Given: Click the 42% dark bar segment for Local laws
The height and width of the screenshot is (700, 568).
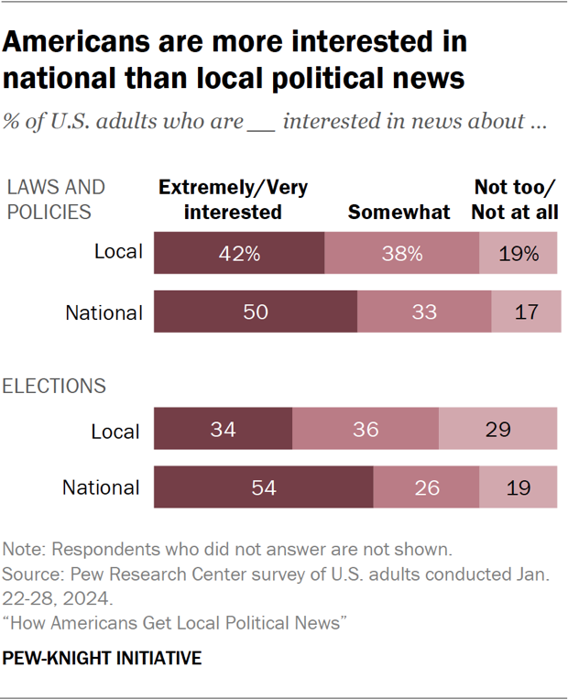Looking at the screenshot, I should click(239, 254).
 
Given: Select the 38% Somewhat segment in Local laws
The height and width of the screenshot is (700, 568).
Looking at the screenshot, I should click(402, 254).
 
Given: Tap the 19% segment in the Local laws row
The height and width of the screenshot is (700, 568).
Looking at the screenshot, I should click(519, 254).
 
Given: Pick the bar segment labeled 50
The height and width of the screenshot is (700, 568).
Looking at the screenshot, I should click(255, 312).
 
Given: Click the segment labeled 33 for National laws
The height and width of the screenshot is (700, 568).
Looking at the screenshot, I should click(424, 312).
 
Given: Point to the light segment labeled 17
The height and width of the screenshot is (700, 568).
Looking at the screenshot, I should click(526, 312).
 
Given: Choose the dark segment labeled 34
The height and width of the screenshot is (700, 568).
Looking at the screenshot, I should click(223, 430).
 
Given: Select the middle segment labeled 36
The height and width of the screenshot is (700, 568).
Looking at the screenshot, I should click(365, 430).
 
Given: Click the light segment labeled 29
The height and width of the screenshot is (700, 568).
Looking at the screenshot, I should click(497, 430).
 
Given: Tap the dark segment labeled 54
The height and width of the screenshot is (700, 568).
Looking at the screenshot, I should click(263, 487).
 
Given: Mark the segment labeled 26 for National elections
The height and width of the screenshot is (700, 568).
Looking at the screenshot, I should click(426, 487).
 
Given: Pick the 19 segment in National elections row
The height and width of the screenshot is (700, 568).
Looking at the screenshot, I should click(518, 487).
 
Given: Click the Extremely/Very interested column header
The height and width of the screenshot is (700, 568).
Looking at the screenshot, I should click(233, 200).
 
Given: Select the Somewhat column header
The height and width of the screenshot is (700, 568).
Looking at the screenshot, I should click(399, 213).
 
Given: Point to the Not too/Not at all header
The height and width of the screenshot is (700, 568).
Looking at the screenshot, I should click(516, 200).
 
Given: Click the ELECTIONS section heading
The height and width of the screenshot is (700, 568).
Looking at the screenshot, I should click(55, 386).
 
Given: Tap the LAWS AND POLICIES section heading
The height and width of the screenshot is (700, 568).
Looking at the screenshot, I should click(55, 200).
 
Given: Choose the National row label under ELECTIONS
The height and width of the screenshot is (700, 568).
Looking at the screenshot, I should click(101, 487).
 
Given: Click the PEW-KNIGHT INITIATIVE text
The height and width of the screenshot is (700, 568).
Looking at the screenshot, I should click(102, 659).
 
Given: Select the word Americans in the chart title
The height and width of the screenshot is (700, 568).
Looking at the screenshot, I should click(91, 42).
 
